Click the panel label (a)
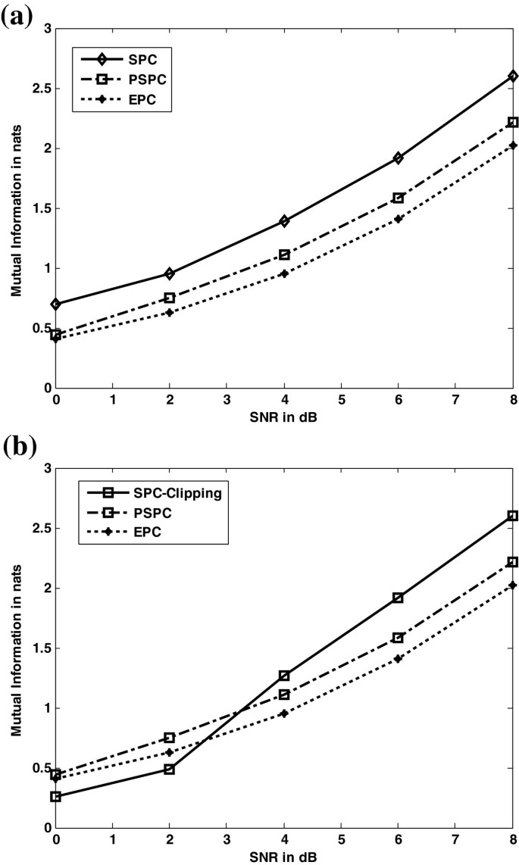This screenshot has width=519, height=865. (17, 15)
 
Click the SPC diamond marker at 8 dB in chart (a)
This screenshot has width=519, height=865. (513, 77)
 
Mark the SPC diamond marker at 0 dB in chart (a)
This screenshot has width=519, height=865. (56, 304)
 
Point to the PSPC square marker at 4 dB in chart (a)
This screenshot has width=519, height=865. (284, 255)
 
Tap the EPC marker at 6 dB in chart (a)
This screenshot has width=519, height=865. (399, 219)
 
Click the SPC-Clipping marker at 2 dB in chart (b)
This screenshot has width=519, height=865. (170, 769)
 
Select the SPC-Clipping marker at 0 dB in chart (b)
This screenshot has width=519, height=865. (56, 796)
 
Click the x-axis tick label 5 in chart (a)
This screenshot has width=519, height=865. (342, 399)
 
